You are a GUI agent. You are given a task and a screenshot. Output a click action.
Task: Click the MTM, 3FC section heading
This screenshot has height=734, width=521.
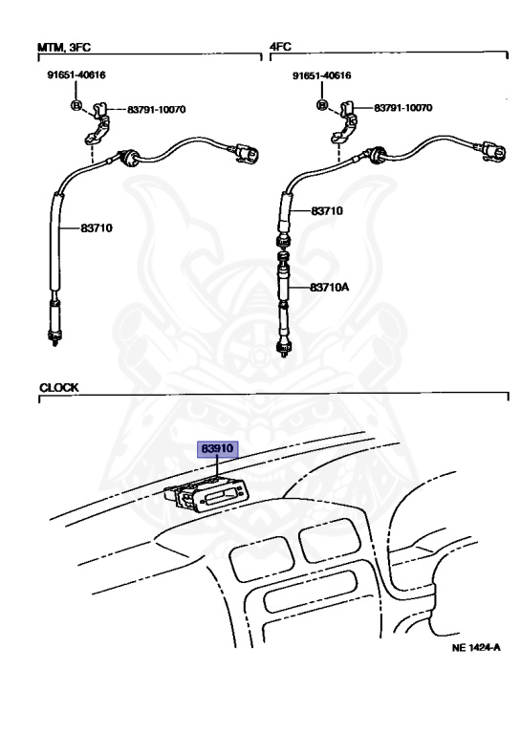point(64,47)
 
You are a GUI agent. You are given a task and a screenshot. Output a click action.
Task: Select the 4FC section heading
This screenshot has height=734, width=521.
point(280,46)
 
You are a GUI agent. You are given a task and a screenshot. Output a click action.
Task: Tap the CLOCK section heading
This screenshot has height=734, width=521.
point(59,388)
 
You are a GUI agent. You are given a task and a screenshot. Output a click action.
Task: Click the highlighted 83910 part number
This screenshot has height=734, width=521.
point(217,449)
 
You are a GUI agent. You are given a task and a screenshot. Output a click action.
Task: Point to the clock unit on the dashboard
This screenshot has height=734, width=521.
point(205,495)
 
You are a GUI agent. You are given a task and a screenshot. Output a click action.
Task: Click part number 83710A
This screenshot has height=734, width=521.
point(329,287)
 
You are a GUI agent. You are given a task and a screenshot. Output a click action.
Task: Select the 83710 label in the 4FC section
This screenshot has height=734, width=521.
point(327,210)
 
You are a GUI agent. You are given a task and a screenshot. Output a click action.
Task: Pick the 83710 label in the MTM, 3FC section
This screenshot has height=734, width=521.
point(97,228)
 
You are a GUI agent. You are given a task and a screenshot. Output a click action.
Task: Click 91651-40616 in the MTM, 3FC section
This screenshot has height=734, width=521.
point(76,75)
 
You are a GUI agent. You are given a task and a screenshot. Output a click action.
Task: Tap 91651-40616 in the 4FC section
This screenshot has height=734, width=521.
point(321,76)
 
